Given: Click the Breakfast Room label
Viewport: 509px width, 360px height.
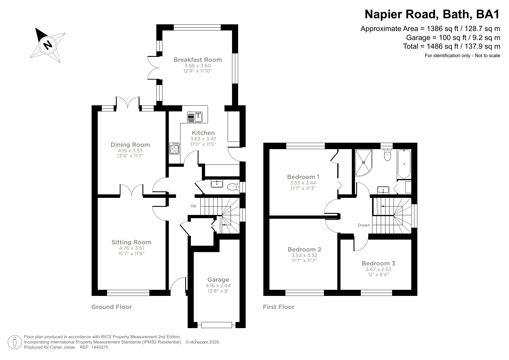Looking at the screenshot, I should click(198, 60).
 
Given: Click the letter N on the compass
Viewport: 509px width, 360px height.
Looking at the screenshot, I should click(47, 45).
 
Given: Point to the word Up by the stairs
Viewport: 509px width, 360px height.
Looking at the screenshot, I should click(193, 206).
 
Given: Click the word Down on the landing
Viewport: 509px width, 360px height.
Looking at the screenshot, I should click(364, 225).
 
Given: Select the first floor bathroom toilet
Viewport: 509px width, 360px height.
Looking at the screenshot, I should click(387, 156).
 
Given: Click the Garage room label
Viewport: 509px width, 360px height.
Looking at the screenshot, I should click(218, 280).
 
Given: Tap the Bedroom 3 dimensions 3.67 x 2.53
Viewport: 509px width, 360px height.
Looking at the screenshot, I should click(378, 269).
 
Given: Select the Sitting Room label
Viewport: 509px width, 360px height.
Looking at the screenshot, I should click(131, 242).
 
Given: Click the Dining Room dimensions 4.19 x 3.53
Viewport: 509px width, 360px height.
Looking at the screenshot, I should click(130, 151).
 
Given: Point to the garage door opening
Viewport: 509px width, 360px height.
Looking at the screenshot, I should click(217, 325).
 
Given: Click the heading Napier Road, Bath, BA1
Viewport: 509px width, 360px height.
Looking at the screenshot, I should click(432, 14).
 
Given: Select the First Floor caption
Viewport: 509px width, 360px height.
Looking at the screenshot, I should click(278, 307).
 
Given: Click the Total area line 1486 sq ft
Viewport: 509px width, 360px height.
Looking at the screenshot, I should click(451, 46).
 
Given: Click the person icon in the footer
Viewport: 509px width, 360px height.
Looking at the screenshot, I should click(15, 342).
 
